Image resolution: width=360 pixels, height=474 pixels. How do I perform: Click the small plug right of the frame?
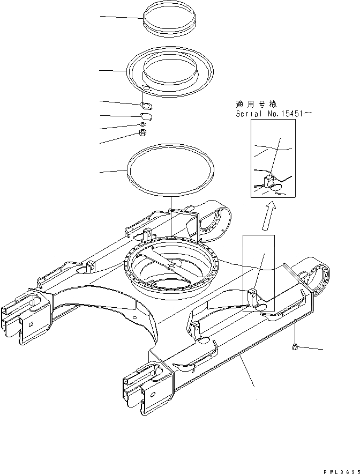coord(295,347)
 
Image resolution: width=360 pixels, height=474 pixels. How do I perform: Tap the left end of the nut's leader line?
coord(100,143)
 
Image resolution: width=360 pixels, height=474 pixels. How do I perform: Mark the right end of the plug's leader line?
coord(323,350)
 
